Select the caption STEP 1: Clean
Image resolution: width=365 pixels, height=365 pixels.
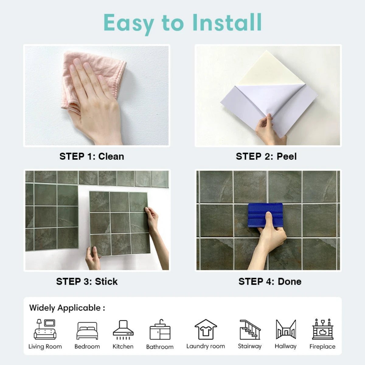coord(92,156)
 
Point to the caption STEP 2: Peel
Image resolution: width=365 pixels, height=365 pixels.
coord(266,156)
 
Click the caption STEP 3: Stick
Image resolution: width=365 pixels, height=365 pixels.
coord(87,281)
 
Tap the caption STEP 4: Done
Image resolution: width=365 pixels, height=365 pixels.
coord(270,281)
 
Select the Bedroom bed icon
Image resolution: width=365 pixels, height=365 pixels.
coord(87,331)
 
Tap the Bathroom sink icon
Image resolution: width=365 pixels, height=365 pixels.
coord(160,330)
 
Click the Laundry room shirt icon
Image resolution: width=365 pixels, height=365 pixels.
coord(206,329)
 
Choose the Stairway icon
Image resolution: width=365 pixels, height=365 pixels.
coord(249,329)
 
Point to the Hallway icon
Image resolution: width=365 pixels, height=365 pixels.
coord(286,329)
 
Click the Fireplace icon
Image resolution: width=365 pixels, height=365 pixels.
coord(322,329)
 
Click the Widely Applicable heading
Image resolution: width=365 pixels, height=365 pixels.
coord(67,308)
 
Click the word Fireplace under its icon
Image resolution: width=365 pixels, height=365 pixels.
coord(322,346)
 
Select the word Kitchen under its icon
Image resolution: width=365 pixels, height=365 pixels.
coord(123,346)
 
